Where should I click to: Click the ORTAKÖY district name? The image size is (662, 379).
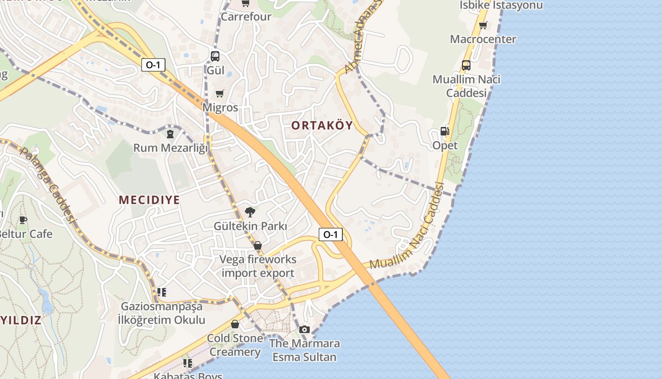[322, 126]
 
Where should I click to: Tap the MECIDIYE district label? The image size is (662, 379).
[149, 200]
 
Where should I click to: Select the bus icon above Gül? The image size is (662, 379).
[215, 56]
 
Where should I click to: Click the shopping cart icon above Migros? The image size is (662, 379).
[219, 93]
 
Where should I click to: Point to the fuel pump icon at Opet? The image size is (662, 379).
[444, 131]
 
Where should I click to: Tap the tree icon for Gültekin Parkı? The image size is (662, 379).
[250, 212]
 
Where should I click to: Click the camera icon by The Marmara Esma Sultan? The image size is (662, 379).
[305, 329]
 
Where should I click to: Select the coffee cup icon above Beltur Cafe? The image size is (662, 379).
[23, 220]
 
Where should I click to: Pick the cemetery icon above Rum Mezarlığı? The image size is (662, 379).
[170, 134]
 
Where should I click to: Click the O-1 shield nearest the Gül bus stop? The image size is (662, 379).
[153, 65]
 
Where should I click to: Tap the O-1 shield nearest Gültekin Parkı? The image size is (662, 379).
[331, 234]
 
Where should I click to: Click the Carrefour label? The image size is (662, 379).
[246, 17]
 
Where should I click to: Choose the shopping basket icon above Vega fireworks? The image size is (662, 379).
[258, 245]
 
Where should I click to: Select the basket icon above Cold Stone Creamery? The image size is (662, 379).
[235, 324]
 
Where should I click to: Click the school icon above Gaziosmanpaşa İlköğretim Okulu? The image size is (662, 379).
[162, 292]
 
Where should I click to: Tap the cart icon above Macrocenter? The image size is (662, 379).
[483, 25]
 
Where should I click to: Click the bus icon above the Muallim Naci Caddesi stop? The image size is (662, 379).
[466, 65]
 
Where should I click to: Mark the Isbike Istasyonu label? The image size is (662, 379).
[501, 5]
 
